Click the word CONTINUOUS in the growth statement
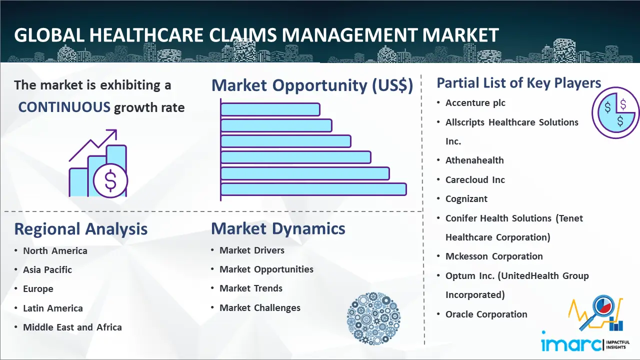(64, 107)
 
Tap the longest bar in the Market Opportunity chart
(313, 189)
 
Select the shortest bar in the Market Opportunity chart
(270, 109)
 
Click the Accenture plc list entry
(475, 103)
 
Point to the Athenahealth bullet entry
(474, 160)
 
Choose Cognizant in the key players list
(466, 199)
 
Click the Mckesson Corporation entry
(494, 256)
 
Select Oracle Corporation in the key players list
(486, 314)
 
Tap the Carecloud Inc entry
(475, 179)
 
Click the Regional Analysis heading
(81, 229)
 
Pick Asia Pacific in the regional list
(47, 269)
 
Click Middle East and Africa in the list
(72, 327)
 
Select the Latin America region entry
(53, 308)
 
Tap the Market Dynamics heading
(278, 228)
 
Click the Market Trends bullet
(251, 288)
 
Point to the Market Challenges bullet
(260, 307)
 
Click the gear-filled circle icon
(373, 318)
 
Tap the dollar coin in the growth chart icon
(110, 181)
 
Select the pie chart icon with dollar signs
(615, 113)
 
